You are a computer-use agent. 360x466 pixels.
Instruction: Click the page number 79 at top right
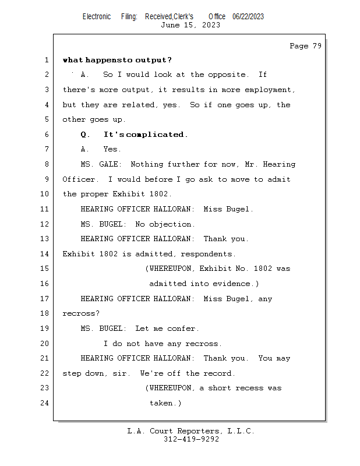pyautogui.click(x=317, y=46)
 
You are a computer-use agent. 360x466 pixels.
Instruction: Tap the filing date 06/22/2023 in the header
pyautogui.click(x=248, y=17)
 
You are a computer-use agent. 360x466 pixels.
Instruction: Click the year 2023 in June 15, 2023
pyautogui.click(x=211, y=25)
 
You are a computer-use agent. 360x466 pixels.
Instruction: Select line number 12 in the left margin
pyautogui.click(x=44, y=224)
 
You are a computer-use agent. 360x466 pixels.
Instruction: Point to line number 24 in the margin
pyautogui.click(x=44, y=403)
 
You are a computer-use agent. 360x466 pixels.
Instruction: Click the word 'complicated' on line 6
pyautogui.click(x=155, y=135)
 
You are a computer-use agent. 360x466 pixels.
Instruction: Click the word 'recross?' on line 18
pyautogui.click(x=81, y=313)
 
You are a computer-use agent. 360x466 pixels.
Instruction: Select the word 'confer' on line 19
pyautogui.click(x=181, y=329)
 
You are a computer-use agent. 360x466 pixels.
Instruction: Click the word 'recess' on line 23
pyautogui.click(x=249, y=388)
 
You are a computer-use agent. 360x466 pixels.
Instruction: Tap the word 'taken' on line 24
pyautogui.click(x=161, y=403)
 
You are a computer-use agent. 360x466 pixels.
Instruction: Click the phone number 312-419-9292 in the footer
pyautogui.click(x=191, y=439)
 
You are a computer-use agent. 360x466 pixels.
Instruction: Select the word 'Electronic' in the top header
pyautogui.click(x=97, y=17)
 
